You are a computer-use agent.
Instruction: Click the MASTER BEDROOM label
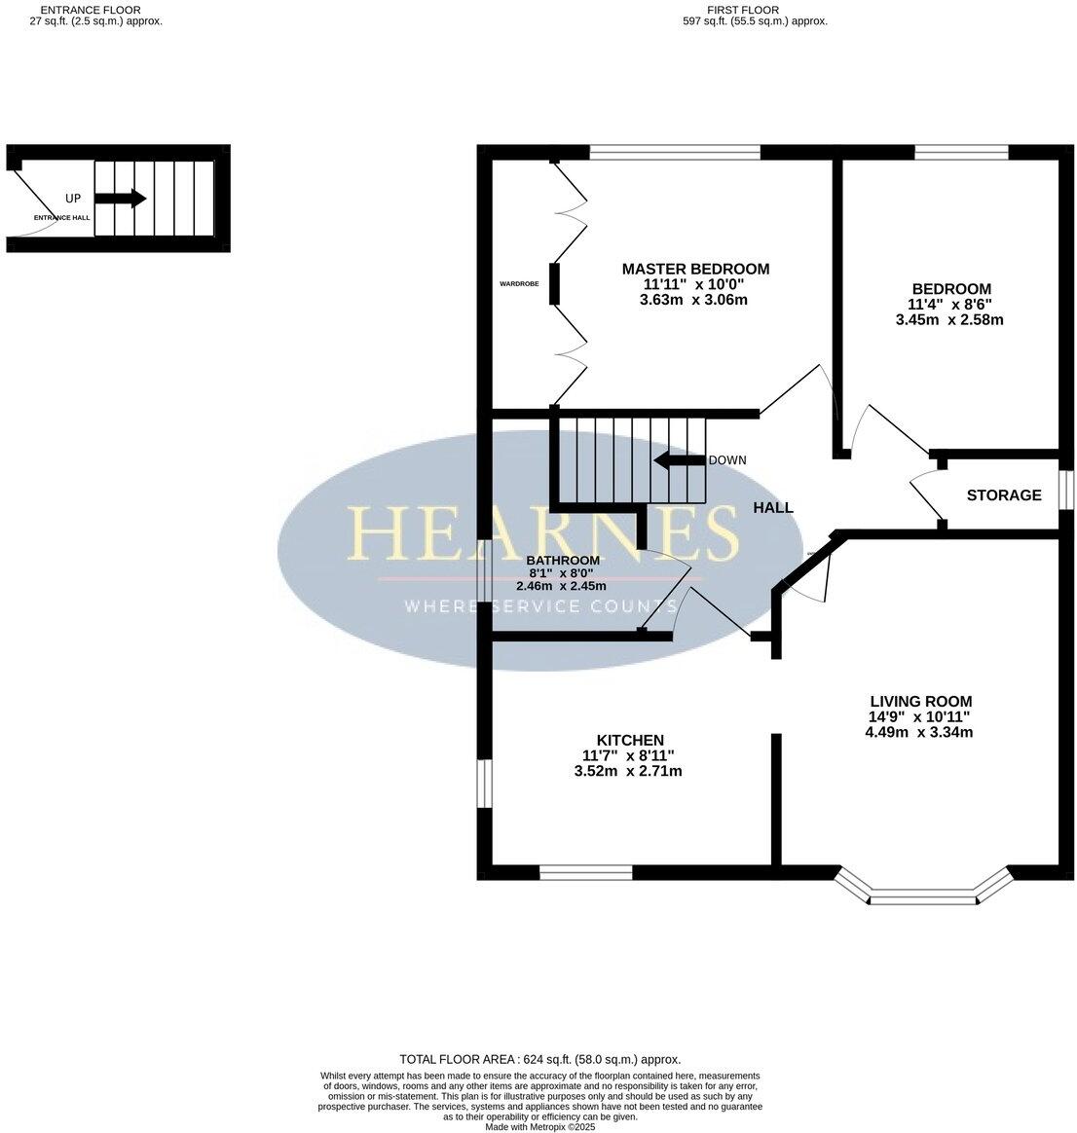coord(695,269)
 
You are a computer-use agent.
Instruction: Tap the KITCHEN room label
coord(630,741)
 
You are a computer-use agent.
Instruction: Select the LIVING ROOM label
coord(920,701)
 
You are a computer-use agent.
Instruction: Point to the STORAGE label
coord(1003,495)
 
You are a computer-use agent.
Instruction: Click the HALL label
coord(772,507)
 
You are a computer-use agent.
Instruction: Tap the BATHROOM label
coord(562,561)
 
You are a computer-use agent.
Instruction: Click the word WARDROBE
coord(519,284)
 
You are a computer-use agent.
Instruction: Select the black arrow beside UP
coord(120,199)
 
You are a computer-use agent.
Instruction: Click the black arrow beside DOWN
coord(678,460)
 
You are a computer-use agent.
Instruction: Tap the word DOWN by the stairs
coord(726,460)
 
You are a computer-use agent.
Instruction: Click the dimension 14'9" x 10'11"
coord(920,716)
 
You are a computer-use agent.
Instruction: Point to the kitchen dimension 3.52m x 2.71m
coord(628,771)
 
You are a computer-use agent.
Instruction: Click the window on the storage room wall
coord(1065,491)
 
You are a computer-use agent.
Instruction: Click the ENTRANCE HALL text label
coord(61,218)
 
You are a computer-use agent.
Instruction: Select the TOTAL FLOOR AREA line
coord(539,1059)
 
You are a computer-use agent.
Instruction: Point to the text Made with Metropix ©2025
coord(539,1127)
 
